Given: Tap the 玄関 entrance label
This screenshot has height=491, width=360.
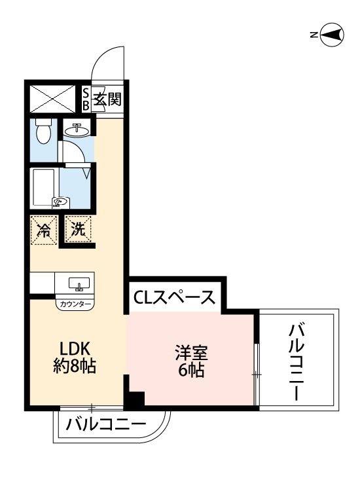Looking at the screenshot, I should point(107,100).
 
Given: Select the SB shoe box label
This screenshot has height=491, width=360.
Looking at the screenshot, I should point(86,100).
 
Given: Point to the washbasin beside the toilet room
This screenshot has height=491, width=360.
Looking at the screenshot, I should point(77,130).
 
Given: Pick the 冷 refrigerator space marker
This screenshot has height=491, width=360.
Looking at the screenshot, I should point(44,230).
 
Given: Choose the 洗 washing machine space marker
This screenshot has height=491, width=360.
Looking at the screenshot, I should point(78,230).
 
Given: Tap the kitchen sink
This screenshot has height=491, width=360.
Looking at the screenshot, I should point(79,285).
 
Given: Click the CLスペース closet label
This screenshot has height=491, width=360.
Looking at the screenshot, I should point(175,298).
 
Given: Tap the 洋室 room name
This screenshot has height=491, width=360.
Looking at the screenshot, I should point(190,353).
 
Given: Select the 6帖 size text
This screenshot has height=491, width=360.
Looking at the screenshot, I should point(190,371).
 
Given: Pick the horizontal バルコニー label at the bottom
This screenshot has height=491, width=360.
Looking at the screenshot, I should point(106,425).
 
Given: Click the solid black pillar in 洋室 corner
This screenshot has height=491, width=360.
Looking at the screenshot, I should point(135,398).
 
